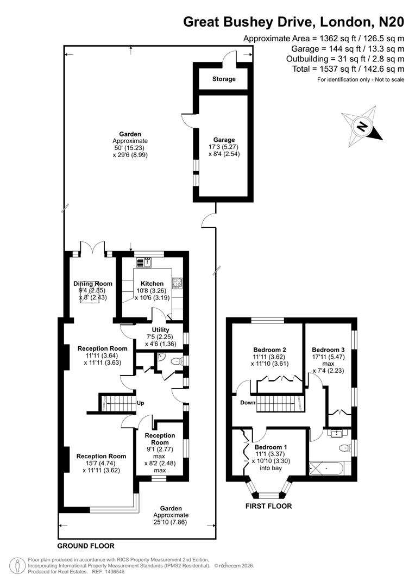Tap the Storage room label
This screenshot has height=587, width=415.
(224, 79)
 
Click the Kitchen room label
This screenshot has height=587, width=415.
(152, 284)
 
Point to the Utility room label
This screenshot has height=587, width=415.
(161, 330)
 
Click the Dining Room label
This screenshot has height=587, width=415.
(93, 284)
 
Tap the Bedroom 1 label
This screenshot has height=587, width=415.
(271, 447)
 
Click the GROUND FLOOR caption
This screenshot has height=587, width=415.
(86, 546)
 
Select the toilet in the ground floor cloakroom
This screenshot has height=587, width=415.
(175, 361)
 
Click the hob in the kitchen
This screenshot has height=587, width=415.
(177, 283)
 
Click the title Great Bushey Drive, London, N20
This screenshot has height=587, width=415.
(293, 22)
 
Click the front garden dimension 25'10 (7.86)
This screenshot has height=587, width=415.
(171, 522)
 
